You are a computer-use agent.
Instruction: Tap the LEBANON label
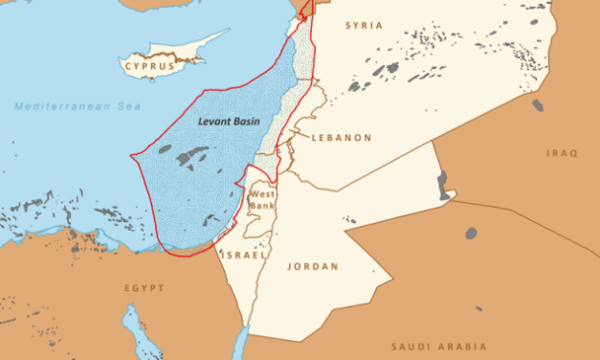click(x=341, y=138)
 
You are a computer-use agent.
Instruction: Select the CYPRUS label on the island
click(x=149, y=66)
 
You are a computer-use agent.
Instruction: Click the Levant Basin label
click(x=229, y=122)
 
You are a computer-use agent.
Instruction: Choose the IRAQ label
click(x=563, y=154)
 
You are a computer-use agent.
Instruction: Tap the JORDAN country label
click(x=313, y=266)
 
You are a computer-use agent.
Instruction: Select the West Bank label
click(x=261, y=200)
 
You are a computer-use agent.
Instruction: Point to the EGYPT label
click(x=144, y=288)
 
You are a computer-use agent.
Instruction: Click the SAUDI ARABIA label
click(x=439, y=346)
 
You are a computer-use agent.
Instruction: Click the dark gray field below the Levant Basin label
click(x=191, y=155)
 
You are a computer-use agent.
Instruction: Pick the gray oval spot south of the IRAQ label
click(x=471, y=233)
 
